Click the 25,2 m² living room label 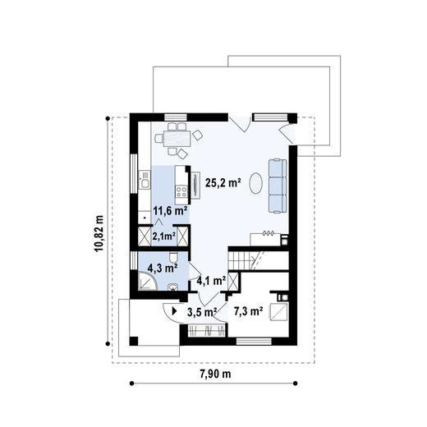(x=223, y=183)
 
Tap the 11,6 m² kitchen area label (x=170, y=211)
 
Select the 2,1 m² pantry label (x=164, y=236)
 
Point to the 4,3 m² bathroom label (x=161, y=268)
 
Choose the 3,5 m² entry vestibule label (x=201, y=311)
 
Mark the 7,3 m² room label (x=248, y=311)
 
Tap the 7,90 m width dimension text (x=215, y=374)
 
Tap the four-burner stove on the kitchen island (x=181, y=191)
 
